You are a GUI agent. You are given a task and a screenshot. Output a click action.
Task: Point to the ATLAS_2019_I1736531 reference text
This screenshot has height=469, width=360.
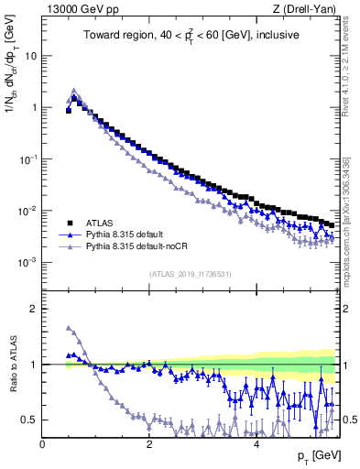[190, 273]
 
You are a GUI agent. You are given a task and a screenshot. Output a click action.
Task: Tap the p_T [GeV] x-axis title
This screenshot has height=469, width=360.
[316, 456]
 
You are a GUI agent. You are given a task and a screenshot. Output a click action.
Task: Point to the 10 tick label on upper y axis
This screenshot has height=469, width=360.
[30, 55]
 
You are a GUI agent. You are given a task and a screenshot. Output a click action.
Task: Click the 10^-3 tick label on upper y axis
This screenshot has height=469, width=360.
[27, 263]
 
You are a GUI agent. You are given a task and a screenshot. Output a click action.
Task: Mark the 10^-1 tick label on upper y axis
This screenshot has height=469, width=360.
[27, 158]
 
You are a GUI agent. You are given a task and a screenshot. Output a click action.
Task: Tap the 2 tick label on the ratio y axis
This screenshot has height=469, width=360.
[34, 309]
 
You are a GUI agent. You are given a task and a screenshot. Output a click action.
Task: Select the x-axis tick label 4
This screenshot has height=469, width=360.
[256, 444]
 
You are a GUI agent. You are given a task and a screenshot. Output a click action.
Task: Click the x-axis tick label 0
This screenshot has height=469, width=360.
[42, 444]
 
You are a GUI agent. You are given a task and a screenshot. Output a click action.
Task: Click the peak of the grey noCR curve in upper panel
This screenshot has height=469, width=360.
[74, 91]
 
